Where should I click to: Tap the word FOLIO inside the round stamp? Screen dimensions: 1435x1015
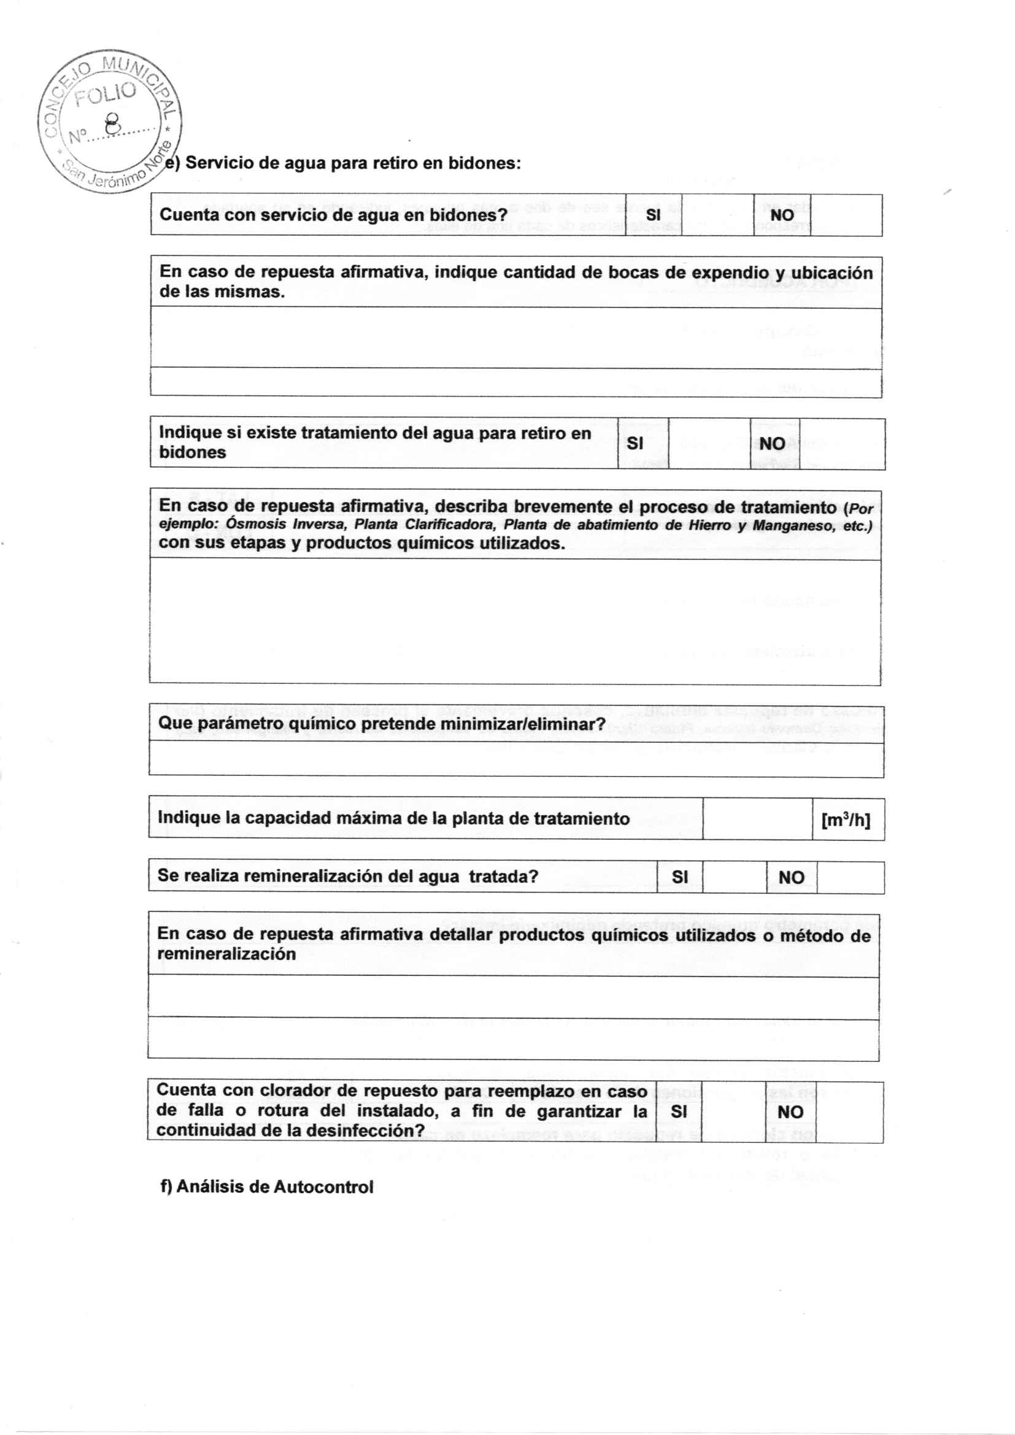click(x=104, y=95)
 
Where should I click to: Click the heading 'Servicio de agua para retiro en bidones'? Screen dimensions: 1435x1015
click(x=353, y=163)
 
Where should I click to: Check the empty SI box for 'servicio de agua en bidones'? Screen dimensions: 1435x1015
click(x=717, y=215)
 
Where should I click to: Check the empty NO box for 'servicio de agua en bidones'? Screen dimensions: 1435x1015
click(x=846, y=215)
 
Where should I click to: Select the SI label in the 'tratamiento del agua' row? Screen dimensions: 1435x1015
click(x=635, y=443)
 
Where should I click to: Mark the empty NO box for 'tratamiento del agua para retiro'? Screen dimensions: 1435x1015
click(x=841, y=444)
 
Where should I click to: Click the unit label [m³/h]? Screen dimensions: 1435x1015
click(x=845, y=819)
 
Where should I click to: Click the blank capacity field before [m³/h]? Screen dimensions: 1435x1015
click(x=757, y=819)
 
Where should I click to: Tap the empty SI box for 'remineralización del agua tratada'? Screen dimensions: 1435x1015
click(x=735, y=877)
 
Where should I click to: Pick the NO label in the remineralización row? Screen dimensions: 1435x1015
click(x=790, y=878)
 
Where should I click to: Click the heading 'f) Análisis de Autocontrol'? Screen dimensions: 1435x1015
click(x=267, y=1187)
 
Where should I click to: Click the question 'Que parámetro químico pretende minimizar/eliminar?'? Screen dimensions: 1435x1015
click(x=381, y=724)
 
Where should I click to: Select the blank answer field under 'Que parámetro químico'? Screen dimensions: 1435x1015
click(x=515, y=759)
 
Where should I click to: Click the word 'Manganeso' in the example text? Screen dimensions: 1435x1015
click(x=792, y=525)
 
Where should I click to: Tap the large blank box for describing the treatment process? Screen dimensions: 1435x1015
click(x=515, y=621)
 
